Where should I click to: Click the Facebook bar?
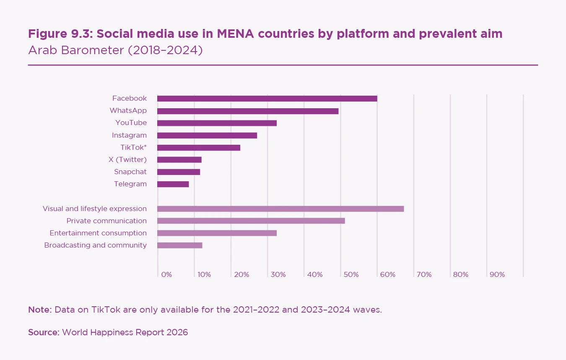(x=267, y=99)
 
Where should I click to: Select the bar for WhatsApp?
(x=248, y=111)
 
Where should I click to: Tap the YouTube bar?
(x=217, y=123)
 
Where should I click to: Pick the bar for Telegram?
(x=173, y=184)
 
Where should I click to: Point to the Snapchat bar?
(x=179, y=172)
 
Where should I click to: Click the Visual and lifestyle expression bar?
(x=280, y=209)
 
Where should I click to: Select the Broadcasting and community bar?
(x=179, y=245)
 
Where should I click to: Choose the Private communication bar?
(x=251, y=221)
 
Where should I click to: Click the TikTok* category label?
(x=133, y=147)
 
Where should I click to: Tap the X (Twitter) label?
(x=127, y=159)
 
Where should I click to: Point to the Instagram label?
(x=129, y=135)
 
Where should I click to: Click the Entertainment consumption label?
(x=98, y=233)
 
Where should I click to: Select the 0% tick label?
(x=166, y=275)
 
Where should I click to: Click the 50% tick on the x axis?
(x=351, y=275)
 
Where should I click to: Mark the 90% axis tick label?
(x=497, y=275)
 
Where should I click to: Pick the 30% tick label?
(x=278, y=275)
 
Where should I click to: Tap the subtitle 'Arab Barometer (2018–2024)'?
(x=115, y=50)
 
